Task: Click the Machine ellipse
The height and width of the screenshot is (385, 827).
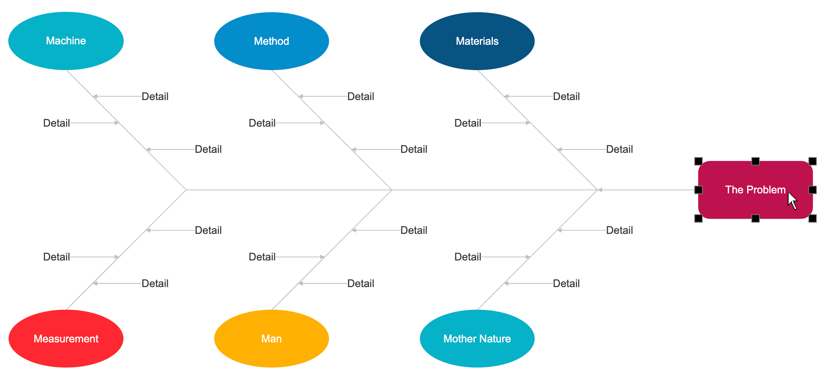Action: [66, 41]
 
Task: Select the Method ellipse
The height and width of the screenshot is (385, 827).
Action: [272, 41]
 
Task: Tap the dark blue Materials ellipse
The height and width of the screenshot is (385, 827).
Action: [477, 41]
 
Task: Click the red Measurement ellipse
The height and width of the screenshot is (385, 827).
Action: [66, 339]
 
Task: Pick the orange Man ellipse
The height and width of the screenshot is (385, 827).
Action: [272, 339]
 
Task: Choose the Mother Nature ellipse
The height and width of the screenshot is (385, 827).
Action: [477, 339]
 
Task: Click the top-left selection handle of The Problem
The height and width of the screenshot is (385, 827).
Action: [699, 161]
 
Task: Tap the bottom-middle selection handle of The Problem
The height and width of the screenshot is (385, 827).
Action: [756, 218]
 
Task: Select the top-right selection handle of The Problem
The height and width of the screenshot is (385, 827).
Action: [813, 161]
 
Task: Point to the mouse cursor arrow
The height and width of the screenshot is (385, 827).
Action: [792, 200]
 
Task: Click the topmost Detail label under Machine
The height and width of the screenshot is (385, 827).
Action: [155, 97]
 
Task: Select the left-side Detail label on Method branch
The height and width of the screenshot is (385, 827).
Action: [262, 123]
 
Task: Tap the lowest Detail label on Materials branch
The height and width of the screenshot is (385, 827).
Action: [619, 149]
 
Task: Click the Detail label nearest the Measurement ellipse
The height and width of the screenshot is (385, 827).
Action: [155, 284]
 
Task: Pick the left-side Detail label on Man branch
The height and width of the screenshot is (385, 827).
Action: [262, 257]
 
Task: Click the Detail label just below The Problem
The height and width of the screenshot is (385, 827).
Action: [619, 230]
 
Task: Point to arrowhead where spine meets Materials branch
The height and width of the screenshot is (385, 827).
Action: [600, 190]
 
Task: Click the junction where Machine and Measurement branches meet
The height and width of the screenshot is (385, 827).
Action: [186, 190]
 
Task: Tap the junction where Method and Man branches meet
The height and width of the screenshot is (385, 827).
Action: [392, 190]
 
